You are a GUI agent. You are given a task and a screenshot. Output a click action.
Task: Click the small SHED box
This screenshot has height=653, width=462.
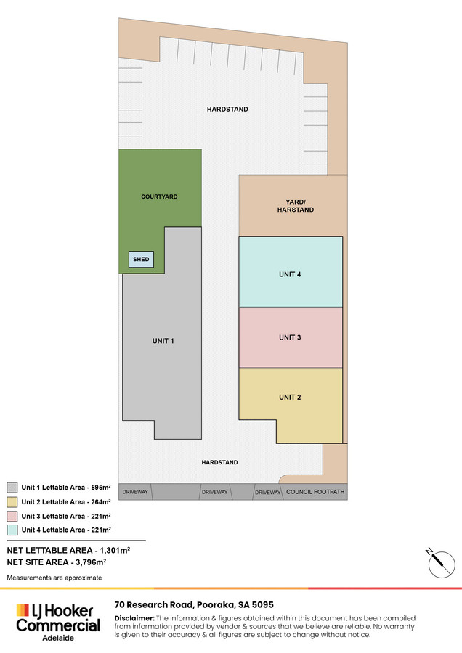(x=142, y=260)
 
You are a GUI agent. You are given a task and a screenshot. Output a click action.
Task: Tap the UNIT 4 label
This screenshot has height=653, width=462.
(x=290, y=274)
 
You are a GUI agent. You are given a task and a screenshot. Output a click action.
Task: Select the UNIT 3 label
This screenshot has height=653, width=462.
(x=290, y=337)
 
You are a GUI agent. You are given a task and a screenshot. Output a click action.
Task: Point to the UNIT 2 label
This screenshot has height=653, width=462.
(x=290, y=398)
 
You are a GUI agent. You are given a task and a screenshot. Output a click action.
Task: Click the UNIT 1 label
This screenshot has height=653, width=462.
(x=163, y=341)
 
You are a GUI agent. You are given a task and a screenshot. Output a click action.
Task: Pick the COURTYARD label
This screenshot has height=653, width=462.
(x=159, y=197)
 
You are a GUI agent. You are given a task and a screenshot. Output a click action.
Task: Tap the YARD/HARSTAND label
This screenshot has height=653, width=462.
(x=296, y=206)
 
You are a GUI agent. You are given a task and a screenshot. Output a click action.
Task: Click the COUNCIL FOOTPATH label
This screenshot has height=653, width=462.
(x=315, y=492)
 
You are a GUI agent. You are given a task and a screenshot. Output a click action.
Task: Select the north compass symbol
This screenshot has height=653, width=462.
(x=441, y=564)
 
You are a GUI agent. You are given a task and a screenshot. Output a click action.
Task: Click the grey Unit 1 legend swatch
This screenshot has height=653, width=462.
(x=12, y=488)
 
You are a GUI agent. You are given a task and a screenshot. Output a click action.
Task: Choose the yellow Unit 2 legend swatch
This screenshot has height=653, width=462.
(x=12, y=502)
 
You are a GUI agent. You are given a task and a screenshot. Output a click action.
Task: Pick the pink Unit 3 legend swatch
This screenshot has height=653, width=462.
(x=12, y=516)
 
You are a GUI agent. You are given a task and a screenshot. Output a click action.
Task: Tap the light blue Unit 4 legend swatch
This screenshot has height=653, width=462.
(x=12, y=530)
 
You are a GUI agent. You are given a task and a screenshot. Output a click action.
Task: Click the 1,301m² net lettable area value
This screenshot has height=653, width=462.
(x=115, y=550)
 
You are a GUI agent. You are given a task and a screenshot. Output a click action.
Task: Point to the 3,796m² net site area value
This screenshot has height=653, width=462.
(x=91, y=562)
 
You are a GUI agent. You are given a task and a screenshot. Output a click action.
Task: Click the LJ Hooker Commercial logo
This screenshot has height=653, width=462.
(x=58, y=623)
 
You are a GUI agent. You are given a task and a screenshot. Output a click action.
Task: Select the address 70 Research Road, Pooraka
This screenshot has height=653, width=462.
(x=194, y=604)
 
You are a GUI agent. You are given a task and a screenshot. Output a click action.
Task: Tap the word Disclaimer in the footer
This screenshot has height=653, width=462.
(x=134, y=618)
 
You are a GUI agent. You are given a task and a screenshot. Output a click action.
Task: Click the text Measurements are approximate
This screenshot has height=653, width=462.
(x=54, y=578)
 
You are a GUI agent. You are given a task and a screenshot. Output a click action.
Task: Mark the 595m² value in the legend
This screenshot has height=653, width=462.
(x=101, y=488)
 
